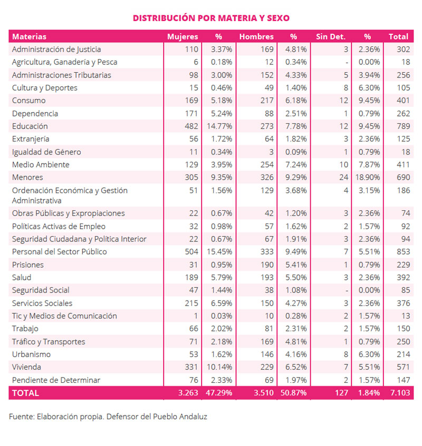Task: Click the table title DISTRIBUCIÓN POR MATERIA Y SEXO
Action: click(x=211, y=18)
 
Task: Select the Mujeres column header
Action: click(x=183, y=37)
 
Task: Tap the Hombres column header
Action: click(x=256, y=37)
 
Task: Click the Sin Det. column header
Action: click(x=331, y=37)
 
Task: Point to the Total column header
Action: click(x=398, y=37)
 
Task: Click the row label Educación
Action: click(x=30, y=127)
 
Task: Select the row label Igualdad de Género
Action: click(x=46, y=152)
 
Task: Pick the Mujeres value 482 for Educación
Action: click(x=191, y=127)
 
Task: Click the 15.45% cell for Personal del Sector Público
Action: click(x=219, y=251)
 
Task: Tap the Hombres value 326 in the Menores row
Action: click(x=267, y=178)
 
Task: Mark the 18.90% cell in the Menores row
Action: click(x=367, y=178)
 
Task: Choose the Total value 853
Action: click(x=404, y=251)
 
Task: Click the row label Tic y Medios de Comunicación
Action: click(x=64, y=316)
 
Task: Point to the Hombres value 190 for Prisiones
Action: click(x=267, y=265)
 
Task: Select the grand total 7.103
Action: click(x=400, y=393)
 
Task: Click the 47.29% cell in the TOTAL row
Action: click(x=219, y=393)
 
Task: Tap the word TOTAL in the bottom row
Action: click(x=25, y=393)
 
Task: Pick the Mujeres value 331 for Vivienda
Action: click(x=191, y=367)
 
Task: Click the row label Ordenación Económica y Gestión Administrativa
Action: click(x=70, y=196)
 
